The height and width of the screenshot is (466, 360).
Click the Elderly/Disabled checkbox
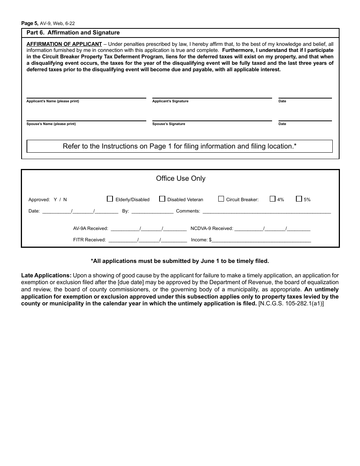pos(110,199)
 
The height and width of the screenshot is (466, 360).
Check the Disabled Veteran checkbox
pos(162,199)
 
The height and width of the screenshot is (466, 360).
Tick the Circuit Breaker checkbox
pos(221,199)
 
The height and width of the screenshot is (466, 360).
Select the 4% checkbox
pos(272,199)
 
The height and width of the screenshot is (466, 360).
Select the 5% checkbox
pos(299,199)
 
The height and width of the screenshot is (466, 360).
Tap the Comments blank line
pos(266,211)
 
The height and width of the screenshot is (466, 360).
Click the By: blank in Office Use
pos(152,211)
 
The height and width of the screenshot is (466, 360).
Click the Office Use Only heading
pos(180,178)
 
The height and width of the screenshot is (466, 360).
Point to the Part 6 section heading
pos(73,33)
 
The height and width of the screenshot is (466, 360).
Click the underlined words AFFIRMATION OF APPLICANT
pos(64,44)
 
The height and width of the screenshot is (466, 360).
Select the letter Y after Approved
pos(55,200)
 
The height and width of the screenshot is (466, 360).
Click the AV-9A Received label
pos(91,228)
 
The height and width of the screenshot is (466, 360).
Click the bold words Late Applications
pos(46,275)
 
